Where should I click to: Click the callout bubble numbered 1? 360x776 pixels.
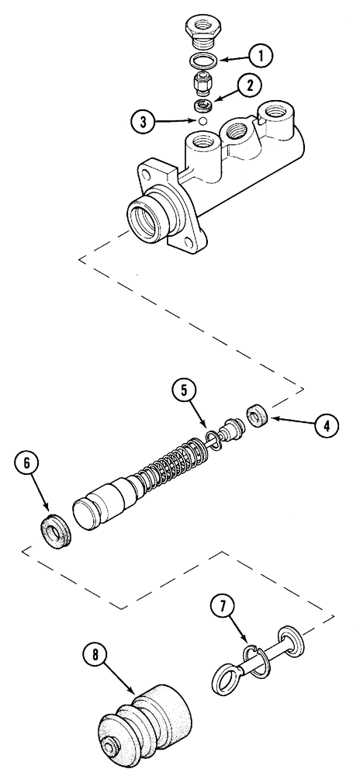[x=261, y=55]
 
